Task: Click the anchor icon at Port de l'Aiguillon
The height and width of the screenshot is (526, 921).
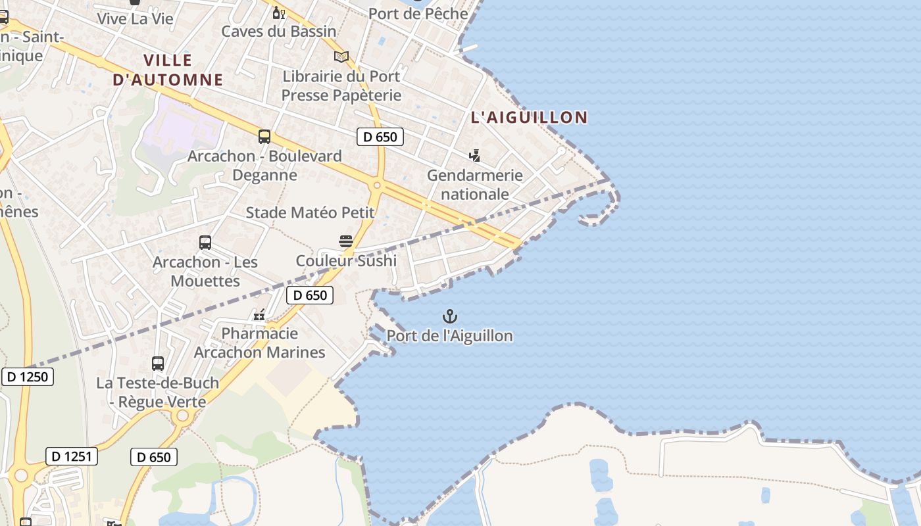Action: point(450,316)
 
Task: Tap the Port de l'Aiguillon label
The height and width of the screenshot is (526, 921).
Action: point(449,336)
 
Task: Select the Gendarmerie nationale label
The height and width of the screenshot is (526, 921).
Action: point(475,185)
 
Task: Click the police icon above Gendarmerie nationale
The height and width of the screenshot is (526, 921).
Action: point(474,156)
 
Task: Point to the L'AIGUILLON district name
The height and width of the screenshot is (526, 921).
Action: point(529,118)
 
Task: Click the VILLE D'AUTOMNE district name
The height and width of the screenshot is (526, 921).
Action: point(168,70)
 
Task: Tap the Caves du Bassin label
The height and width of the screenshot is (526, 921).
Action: point(279,32)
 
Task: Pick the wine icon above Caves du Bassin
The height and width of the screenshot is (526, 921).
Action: point(279,12)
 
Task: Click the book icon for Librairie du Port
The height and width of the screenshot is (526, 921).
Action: point(341,57)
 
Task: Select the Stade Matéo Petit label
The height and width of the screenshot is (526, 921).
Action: point(310,212)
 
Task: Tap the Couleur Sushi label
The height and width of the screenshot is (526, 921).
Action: point(346,260)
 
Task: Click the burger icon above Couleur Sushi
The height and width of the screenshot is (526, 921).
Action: point(346,241)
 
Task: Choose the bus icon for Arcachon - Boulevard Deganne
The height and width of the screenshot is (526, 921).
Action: point(264,137)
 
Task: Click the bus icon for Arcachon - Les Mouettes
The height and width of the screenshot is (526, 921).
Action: point(205,243)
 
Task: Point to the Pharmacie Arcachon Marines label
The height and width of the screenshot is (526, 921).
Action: point(259,343)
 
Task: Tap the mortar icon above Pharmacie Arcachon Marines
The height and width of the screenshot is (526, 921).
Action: point(259,314)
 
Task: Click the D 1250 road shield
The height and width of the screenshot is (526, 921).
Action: point(28,377)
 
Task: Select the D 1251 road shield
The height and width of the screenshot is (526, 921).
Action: point(72,456)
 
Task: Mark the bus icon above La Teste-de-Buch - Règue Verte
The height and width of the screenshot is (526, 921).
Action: point(158,364)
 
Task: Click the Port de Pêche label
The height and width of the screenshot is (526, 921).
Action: point(418,14)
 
